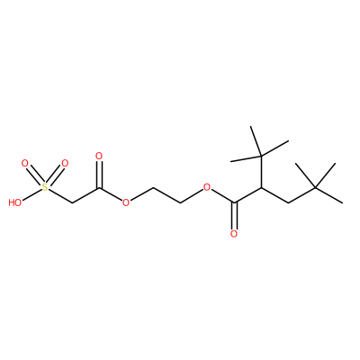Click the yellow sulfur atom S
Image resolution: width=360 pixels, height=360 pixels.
(45, 187)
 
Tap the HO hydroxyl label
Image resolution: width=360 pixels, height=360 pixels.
(15, 202)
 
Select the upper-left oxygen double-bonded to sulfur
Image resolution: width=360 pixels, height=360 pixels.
(25, 164)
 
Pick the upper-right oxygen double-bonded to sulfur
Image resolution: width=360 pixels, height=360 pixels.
(65, 164)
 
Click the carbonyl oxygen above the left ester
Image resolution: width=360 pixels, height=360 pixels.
(99, 156)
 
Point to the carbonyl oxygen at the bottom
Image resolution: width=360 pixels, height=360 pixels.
(234, 234)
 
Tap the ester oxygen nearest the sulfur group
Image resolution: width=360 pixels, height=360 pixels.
(126, 202)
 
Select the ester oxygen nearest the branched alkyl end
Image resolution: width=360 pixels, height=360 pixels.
(207, 188)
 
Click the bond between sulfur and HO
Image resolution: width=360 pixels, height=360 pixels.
(32, 194)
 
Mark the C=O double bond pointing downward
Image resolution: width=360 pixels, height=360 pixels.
(234, 216)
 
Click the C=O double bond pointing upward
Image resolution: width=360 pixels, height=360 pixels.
(99, 175)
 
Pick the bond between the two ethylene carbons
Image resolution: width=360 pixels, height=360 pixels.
(166, 195)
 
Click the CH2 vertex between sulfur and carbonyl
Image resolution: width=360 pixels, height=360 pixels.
(72, 203)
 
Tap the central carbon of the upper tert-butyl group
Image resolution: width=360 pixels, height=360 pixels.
(261, 156)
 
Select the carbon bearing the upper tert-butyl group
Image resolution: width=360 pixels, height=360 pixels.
(261, 188)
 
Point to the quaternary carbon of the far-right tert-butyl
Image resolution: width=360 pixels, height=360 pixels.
(315, 187)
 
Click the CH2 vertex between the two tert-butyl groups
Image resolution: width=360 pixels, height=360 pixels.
(288, 203)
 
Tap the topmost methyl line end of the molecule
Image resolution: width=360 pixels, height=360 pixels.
(251, 126)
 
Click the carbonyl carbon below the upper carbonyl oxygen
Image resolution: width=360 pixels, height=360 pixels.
(99, 188)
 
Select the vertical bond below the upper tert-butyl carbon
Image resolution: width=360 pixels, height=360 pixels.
(261, 172)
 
